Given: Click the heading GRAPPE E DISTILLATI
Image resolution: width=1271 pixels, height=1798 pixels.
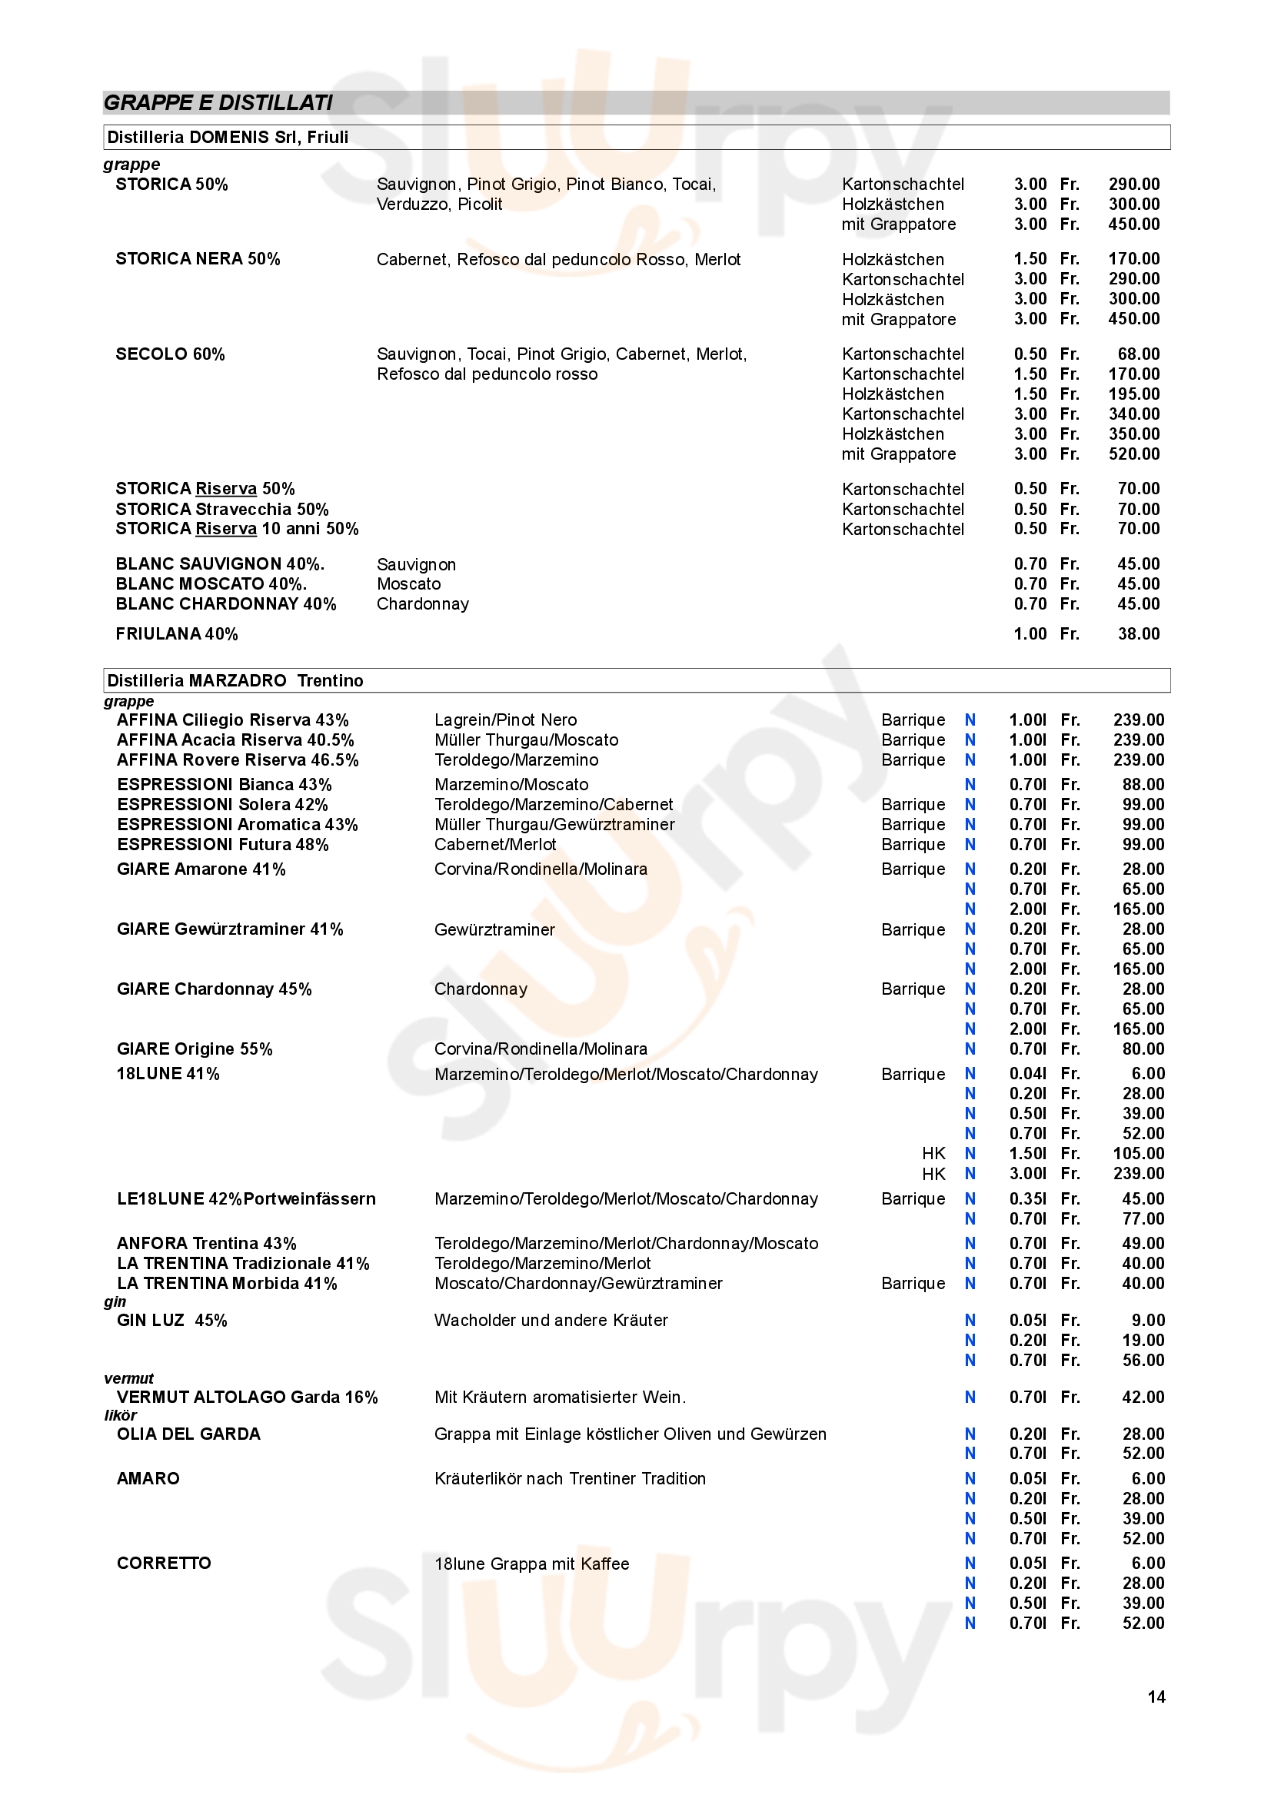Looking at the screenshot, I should click(218, 102).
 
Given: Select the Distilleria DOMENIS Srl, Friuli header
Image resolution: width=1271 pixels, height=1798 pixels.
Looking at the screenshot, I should click(227, 137).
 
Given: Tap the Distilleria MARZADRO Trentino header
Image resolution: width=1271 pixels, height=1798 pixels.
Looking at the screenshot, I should click(235, 680).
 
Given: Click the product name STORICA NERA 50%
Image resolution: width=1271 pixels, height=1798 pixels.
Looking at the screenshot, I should click(198, 259).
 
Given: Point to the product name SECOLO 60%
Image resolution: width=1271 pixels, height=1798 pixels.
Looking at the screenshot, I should click(170, 354).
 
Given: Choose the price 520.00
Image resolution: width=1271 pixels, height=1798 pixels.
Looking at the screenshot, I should click(1133, 454).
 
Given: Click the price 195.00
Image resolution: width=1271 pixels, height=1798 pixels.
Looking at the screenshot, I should click(1133, 394).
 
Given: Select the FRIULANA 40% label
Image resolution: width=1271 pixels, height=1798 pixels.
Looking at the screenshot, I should click(176, 634).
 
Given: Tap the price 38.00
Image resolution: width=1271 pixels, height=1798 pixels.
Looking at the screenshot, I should click(1138, 634).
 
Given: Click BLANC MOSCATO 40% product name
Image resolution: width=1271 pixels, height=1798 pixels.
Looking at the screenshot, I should click(211, 584).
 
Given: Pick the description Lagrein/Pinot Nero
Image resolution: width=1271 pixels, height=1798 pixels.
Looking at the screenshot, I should click(505, 720).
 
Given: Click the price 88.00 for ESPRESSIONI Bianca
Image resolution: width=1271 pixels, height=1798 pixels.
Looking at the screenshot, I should click(1143, 785).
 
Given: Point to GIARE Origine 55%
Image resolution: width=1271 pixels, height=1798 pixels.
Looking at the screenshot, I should click(195, 1049).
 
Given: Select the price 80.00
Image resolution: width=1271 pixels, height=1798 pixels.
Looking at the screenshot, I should click(1143, 1049).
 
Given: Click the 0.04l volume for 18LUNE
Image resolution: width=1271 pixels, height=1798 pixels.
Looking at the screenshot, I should click(1026, 1074).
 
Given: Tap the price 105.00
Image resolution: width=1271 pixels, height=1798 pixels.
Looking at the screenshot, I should click(1138, 1154).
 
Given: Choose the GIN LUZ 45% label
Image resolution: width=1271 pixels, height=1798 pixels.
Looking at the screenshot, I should click(171, 1321).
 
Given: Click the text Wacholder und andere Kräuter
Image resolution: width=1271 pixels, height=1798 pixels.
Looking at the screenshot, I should click(551, 1321).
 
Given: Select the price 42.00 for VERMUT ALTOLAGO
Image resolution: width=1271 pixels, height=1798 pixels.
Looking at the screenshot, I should click(1143, 1397).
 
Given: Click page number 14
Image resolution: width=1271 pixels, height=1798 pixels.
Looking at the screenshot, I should click(1156, 1697).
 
